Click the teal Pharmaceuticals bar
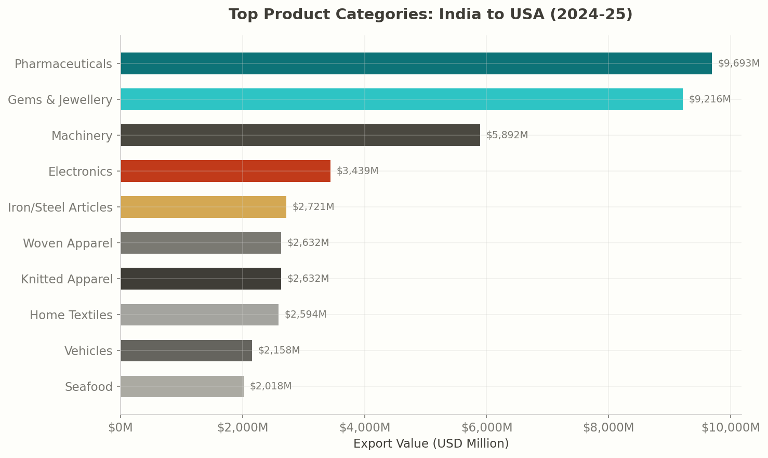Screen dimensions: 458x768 pos(416,63)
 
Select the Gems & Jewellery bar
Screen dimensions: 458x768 pos(401,99)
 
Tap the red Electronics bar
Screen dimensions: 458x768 pos(225,171)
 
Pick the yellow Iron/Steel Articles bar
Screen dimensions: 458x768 pos(203,207)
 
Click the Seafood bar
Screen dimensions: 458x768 pos(182,386)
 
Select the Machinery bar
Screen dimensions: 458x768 pos(300,135)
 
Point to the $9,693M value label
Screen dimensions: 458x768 pos(738,63)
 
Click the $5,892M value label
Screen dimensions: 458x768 pos(507,135)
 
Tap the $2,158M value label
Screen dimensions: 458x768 pos(279,350)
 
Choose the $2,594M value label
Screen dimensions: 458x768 pos(306,315)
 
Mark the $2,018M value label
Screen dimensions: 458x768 pos(271,386)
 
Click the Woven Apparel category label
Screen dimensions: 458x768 pos(68,243)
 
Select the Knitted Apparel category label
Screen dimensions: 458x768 pos(67,279)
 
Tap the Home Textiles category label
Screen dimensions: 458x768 pos(71,315)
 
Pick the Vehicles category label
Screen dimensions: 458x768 pos(88,351)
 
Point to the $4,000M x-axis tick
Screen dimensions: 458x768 pos(364,428)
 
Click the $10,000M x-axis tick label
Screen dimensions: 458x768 pos(730,428)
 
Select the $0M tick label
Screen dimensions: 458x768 pos(121,428)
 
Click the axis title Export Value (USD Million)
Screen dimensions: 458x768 pos(431,444)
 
